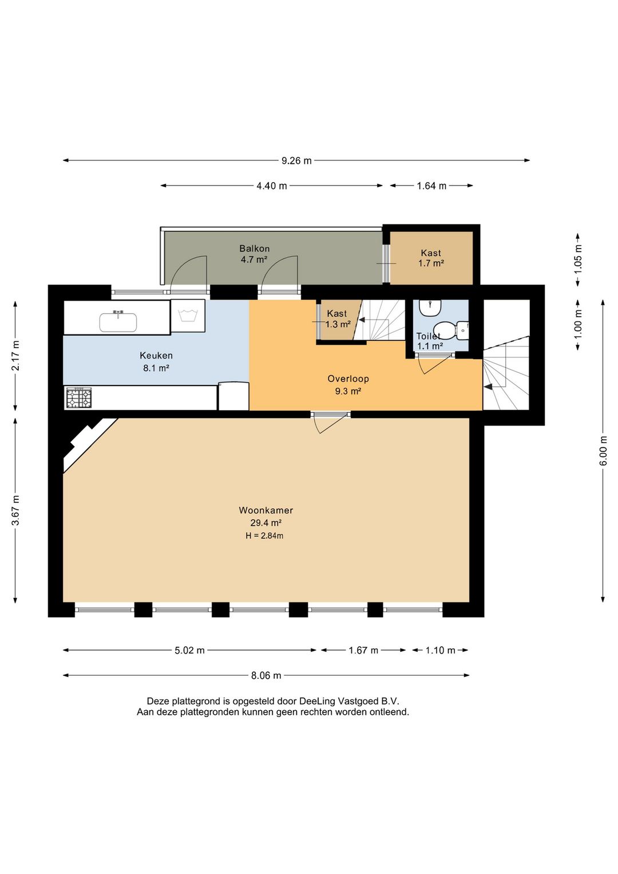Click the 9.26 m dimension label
296,161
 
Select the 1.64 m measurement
431,186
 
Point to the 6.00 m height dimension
604,451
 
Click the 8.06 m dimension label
266,675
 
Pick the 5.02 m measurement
189,651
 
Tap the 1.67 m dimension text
363,651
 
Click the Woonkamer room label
266,510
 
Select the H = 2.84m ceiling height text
264,536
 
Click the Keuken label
156,356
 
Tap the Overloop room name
348,379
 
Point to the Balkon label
254,249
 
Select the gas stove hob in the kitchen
79,398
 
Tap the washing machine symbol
188,316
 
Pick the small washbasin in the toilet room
430,307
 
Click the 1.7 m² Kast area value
431,263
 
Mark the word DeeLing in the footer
316,701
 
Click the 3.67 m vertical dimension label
15,510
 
